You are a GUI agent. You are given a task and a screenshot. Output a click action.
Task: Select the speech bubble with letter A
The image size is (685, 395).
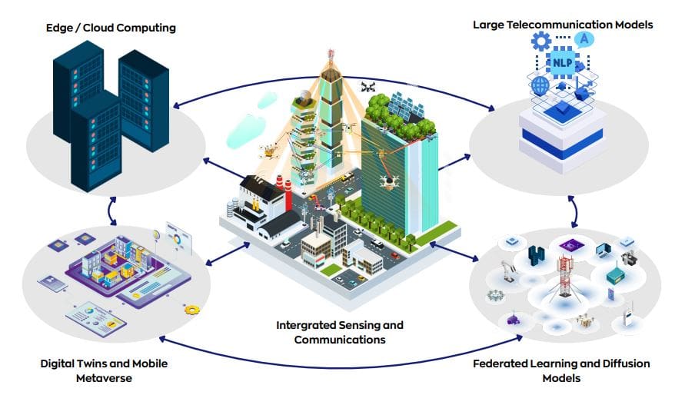pos(584,38)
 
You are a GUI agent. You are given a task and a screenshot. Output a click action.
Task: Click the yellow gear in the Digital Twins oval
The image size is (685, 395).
pos(192,309)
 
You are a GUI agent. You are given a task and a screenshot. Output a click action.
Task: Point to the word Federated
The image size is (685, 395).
pos(506,363)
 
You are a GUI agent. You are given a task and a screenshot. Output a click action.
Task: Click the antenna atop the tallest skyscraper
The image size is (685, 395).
pos(333,57)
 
